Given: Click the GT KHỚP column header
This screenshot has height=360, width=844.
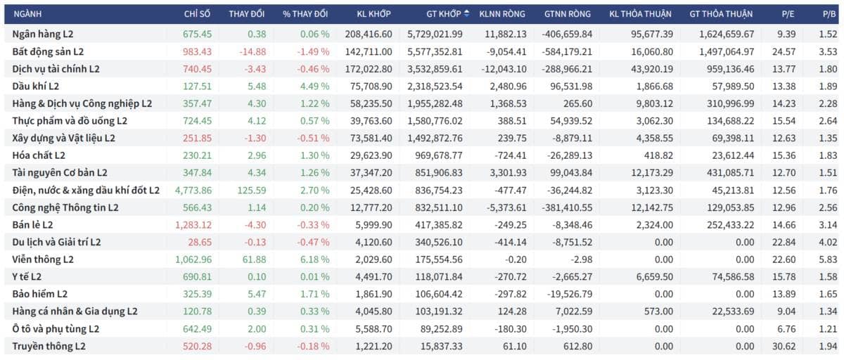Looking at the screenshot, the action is (444, 14).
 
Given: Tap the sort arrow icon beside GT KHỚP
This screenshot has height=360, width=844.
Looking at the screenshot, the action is (466, 13).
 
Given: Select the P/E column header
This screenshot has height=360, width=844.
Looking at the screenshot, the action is (788, 14).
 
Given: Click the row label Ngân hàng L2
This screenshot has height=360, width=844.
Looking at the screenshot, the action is (43, 34).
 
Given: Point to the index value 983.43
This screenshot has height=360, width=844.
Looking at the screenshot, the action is (197, 51).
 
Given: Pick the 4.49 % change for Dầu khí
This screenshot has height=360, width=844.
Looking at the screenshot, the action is (314, 86).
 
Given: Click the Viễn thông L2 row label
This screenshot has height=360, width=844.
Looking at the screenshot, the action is (43, 259).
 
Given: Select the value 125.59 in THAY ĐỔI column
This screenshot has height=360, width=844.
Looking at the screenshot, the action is (252, 190).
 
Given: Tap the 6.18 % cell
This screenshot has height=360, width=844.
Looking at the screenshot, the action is (314, 259).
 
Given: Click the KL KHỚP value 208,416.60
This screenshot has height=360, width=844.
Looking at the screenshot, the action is (369, 34).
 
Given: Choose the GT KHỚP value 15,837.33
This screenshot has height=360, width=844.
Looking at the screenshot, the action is (441, 346).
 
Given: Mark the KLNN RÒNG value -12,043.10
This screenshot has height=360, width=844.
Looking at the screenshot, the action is (504, 69).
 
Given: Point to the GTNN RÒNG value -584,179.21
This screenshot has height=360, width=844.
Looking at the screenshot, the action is (567, 51).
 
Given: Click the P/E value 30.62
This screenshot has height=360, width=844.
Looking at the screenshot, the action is (784, 346).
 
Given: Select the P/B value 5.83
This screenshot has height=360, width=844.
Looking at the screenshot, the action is (828, 259).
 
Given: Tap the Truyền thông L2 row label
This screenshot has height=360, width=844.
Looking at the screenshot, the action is (49, 346).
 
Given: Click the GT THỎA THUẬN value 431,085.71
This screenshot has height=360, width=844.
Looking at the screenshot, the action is (731, 173).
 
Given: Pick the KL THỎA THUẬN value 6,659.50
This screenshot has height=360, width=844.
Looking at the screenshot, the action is (655, 277).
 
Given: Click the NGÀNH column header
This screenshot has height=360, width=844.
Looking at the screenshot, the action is (27, 14).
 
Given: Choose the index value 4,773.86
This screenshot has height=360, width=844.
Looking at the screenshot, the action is (193, 190).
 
